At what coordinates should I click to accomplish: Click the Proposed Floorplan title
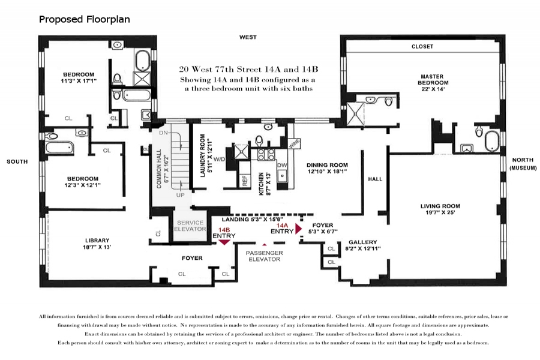[85, 19]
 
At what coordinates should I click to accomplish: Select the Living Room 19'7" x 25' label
[440, 209]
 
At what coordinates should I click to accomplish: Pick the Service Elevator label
[190, 226]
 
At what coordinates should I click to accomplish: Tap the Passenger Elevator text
[265, 256]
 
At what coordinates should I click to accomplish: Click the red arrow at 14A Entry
[299, 229]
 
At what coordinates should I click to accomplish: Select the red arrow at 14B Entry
[224, 242]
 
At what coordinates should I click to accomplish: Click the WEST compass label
[248, 37]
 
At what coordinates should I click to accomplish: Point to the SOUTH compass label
[17, 161]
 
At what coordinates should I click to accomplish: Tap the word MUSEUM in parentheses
[523, 168]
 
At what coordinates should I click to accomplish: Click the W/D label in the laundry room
[220, 159]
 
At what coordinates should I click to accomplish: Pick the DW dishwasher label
[282, 166]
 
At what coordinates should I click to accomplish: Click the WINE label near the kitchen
[295, 143]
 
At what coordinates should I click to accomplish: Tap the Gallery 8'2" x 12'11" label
[363, 245]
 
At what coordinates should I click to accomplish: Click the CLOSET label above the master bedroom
[422, 47]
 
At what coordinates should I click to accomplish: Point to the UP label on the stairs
[181, 195]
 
